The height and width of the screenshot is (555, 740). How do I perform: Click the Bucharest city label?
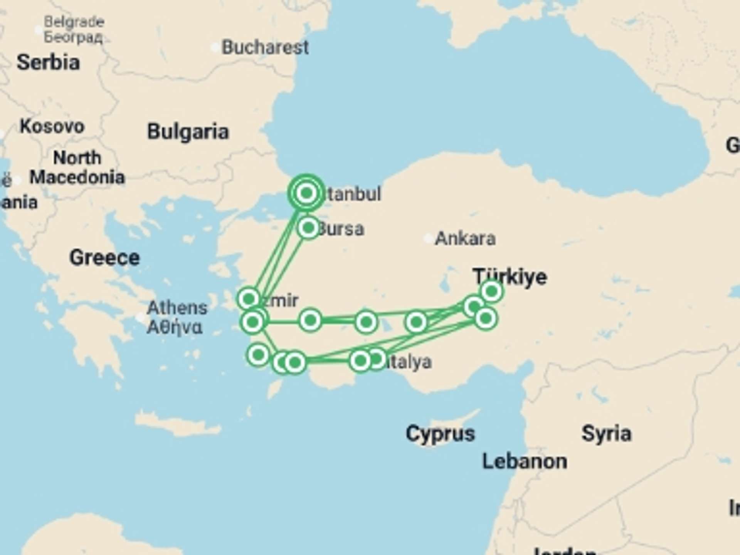coord(265,47)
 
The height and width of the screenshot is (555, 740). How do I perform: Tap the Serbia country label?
coord(48,62)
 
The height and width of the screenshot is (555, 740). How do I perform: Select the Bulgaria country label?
coord(188,131)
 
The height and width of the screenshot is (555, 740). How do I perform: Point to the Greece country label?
coord(104,257)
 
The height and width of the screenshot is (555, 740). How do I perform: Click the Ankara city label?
coord(465,239)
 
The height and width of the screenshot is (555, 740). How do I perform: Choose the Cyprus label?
coord(440,434)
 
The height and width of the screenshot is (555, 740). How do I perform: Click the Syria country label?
coord(606,434)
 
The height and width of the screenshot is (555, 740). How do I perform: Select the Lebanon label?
coord(525,461)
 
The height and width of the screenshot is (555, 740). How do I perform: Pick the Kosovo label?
coord(52,126)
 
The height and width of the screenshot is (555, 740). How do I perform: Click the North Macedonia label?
coord(77,168)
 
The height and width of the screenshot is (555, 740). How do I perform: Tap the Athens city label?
coord(177,317)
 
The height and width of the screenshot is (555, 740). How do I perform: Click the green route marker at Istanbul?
coord(306,193)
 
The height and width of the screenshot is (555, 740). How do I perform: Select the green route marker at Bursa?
coord(308,228)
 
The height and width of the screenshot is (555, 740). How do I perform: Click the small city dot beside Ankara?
coord(428,239)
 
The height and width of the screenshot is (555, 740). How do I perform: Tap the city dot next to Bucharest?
coord(215,48)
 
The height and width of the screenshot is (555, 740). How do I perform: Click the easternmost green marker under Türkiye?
coord(492,291)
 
